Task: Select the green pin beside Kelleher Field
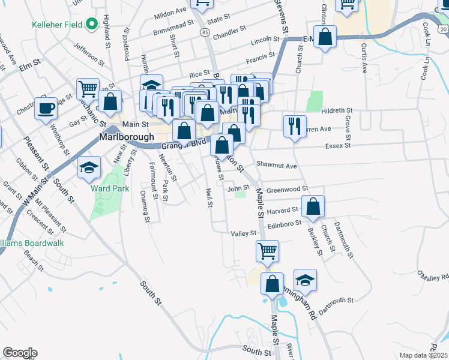[92, 25]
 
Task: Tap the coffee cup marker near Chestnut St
[46, 109]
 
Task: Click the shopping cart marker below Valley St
[267, 250]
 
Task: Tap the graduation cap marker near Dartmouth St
[305, 280]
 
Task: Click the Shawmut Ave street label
[277, 165]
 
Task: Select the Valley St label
[244, 233]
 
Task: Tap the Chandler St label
[230, 28]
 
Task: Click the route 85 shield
[206, 31]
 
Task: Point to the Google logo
[20, 353]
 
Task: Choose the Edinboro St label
[283, 223]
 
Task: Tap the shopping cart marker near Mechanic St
[88, 89]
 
